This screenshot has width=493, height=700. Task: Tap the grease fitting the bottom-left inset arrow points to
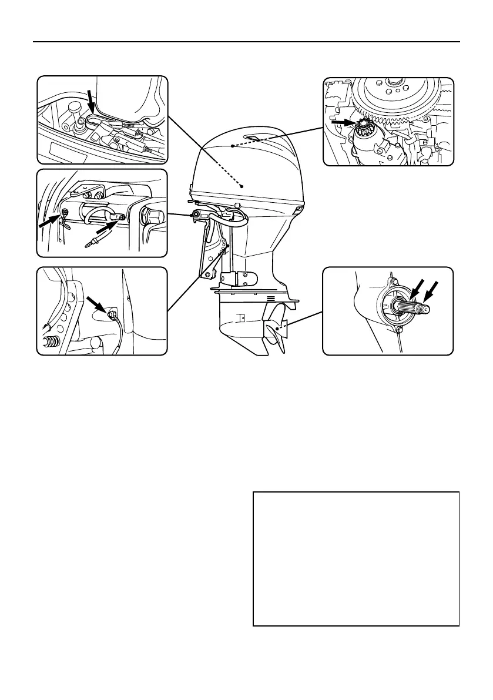click(110, 315)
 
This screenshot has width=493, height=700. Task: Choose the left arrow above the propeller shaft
click(417, 290)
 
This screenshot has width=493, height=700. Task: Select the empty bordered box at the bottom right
click(356, 558)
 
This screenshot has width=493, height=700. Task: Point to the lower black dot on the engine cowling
click(242, 185)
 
